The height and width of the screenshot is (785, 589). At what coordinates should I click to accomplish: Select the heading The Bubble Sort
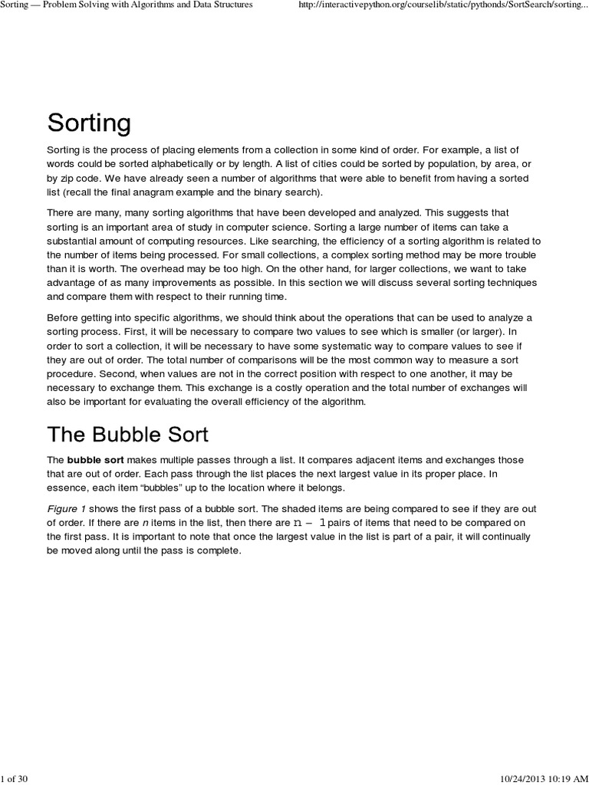click(x=127, y=435)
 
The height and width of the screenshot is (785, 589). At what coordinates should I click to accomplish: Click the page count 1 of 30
click(x=15, y=779)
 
